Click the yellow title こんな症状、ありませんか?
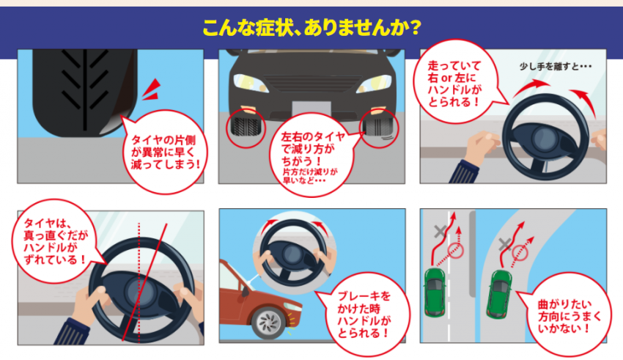(311, 29)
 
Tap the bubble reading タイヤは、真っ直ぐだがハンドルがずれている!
(55, 241)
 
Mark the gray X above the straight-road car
(440, 232)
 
